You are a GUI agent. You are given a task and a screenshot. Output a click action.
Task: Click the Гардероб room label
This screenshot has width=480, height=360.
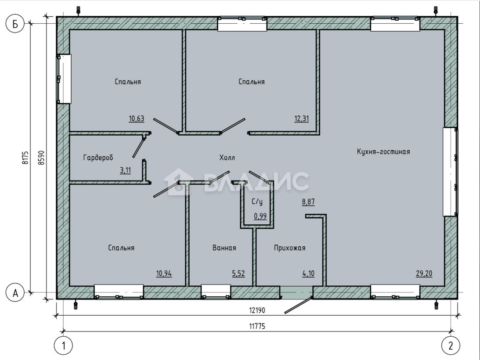tap(98, 158)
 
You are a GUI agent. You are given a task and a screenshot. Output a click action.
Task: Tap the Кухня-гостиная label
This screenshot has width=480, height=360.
tap(383, 151)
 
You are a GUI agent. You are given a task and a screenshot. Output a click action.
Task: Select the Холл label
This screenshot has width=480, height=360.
tap(227, 158)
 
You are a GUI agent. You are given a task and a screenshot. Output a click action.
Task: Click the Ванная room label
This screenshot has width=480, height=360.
tap(224, 248)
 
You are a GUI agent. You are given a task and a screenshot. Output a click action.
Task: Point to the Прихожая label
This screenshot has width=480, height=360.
tap(289, 248)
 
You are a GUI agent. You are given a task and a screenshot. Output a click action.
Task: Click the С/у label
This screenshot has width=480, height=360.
tap(257, 202)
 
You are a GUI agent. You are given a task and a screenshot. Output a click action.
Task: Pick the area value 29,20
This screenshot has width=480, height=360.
tap(424, 274)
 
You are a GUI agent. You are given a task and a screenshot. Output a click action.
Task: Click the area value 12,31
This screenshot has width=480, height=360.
tap(302, 119)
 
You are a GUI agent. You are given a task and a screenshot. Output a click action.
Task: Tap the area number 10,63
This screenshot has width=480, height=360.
tap(137, 119)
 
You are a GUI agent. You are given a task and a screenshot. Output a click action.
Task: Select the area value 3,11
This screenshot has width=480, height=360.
tap(125, 170)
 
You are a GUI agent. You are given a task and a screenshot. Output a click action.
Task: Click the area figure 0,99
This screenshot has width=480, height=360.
tap(260, 216)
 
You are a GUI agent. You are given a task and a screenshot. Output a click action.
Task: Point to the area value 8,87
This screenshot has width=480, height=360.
tap(308, 202)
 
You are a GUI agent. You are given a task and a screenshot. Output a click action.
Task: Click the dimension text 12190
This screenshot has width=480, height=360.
tap(257, 310)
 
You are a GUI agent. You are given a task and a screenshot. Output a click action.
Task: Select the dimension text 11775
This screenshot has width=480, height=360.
tap(257, 326)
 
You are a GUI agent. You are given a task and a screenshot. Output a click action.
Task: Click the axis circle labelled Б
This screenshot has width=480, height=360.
tap(15, 24)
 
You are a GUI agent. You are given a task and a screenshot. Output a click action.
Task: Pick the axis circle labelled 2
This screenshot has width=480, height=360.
tap(451, 346)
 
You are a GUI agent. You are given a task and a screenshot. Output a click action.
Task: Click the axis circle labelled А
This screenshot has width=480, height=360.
tap(15, 293)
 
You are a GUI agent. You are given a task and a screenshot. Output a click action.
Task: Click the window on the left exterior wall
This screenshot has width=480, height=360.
tap(64, 79)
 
